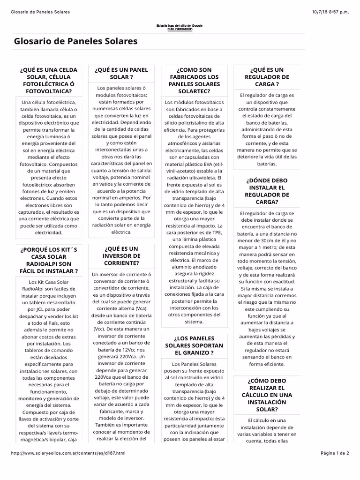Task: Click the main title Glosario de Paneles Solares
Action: coord(76,41)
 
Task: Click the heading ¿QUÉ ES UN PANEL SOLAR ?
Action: coord(121,73)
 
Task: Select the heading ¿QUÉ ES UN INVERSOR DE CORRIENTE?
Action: coord(121,255)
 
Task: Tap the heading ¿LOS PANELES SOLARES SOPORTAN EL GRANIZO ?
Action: coord(194,345)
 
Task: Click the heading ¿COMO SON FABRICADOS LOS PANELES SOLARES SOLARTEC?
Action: coord(194,80)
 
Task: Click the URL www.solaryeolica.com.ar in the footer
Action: coord(68,453)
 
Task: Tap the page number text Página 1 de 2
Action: coord(335,453)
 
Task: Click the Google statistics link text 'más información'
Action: coord(180,29)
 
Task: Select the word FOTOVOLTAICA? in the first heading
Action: coord(49,91)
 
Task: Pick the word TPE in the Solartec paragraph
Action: coord(216,232)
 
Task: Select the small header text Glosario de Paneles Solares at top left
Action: coord(40,12)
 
